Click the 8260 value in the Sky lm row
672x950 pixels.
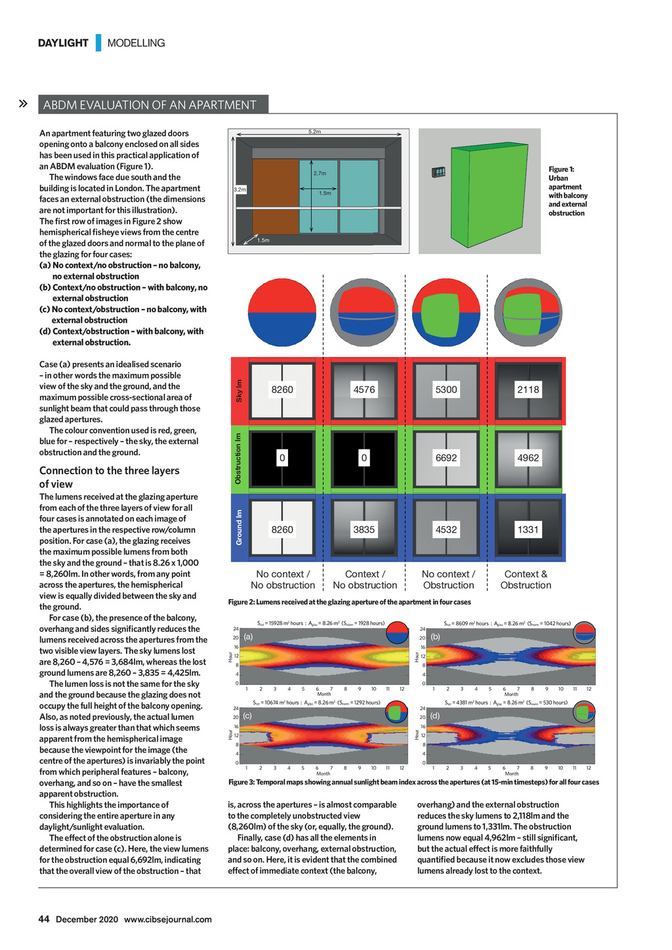(x=282, y=390)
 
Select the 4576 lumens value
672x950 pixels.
(x=364, y=390)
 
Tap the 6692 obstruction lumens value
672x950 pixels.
(x=446, y=458)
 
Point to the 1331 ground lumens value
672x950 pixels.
(x=528, y=529)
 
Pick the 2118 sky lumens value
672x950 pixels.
(x=528, y=390)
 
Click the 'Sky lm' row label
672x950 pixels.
(x=240, y=391)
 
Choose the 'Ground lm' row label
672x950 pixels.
(x=240, y=527)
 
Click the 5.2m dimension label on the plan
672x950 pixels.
(x=315, y=132)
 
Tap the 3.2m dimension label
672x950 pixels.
(x=240, y=190)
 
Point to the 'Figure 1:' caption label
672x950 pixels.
(x=561, y=169)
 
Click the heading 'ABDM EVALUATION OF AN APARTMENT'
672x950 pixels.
(x=150, y=105)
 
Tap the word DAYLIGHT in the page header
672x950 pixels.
(x=63, y=43)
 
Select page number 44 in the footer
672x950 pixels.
(x=44, y=919)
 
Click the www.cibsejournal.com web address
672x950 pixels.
(x=168, y=919)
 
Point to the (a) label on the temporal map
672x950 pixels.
(x=248, y=636)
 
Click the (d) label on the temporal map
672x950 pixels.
(x=435, y=716)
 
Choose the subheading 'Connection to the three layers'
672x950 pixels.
(x=109, y=470)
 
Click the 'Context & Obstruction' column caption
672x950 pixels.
(x=526, y=579)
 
